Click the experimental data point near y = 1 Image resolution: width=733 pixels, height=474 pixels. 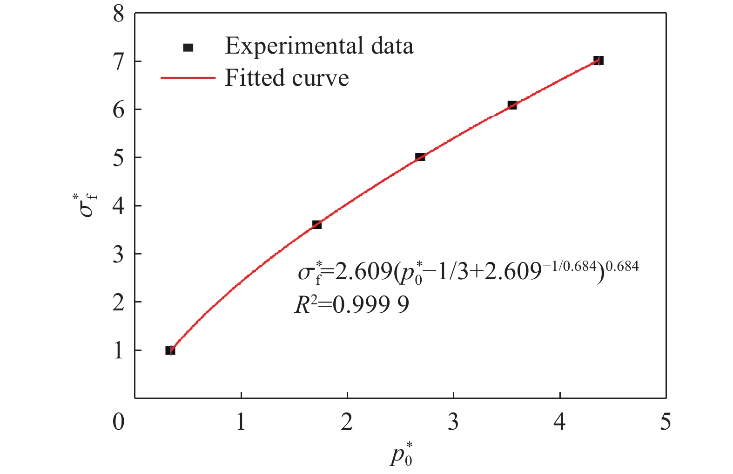[x=170, y=350]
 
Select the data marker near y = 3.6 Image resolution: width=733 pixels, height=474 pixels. [x=317, y=225]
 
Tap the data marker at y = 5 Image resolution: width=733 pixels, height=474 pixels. [x=420, y=157]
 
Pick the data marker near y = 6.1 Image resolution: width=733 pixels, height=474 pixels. [x=512, y=105]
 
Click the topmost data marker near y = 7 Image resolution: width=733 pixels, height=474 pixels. [x=599, y=60]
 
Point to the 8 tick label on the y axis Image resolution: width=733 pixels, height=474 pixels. [x=119, y=14]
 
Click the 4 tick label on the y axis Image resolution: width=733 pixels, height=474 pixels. [x=119, y=206]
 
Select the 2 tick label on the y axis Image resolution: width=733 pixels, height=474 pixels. [x=119, y=302]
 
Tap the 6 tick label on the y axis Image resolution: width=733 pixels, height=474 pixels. [x=119, y=110]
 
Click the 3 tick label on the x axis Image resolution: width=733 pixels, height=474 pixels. [x=453, y=422]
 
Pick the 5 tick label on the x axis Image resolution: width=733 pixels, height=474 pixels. [x=666, y=422]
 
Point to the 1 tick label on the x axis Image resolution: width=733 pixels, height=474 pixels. [x=241, y=422]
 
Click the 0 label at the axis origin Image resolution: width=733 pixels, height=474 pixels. [x=119, y=422]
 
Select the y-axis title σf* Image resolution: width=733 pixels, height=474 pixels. [x=87, y=206]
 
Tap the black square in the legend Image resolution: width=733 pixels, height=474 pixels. [x=188, y=47]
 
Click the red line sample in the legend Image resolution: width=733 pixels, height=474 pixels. [x=188, y=78]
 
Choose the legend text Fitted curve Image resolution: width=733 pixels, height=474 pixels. [x=287, y=78]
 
